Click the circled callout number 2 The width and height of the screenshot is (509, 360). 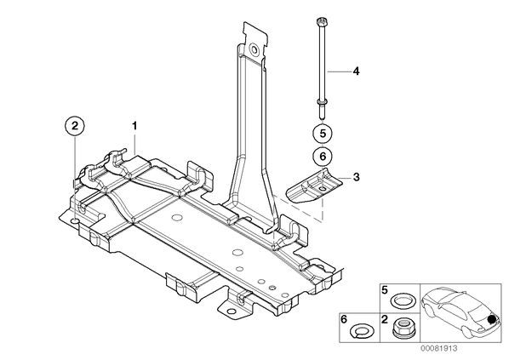75,126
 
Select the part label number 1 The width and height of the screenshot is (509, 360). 134,126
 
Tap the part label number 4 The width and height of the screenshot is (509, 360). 356,71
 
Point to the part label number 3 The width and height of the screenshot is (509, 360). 356,177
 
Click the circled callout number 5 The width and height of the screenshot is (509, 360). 323,133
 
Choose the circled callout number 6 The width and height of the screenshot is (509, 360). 323,157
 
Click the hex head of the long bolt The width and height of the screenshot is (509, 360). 320,22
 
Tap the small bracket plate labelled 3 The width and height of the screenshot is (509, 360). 314,186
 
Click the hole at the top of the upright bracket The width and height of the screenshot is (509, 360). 253,49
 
